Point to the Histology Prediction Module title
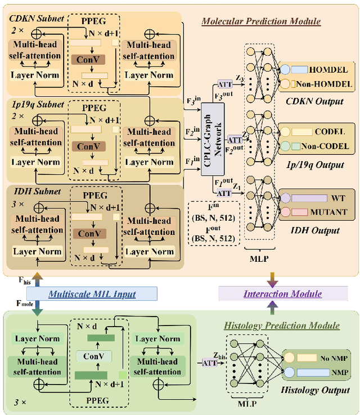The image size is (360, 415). tap(282, 325)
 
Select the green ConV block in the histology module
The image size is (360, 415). tap(94, 356)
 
